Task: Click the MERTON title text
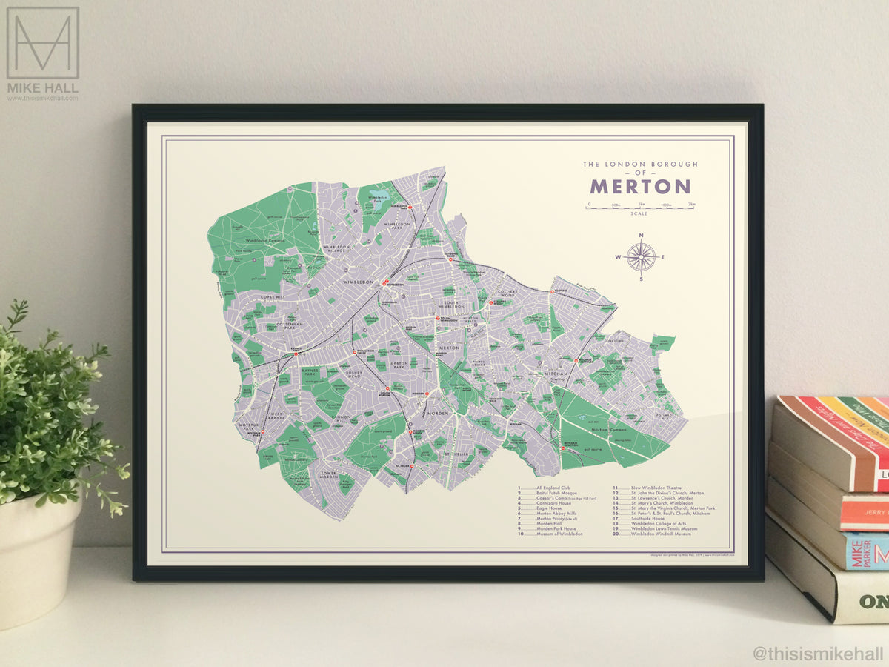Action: coord(640,186)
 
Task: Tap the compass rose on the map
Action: coord(641,256)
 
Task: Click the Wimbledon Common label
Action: coord(244,241)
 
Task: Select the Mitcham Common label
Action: coord(610,429)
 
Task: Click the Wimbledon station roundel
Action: coord(385,282)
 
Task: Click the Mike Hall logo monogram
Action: coord(42,43)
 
